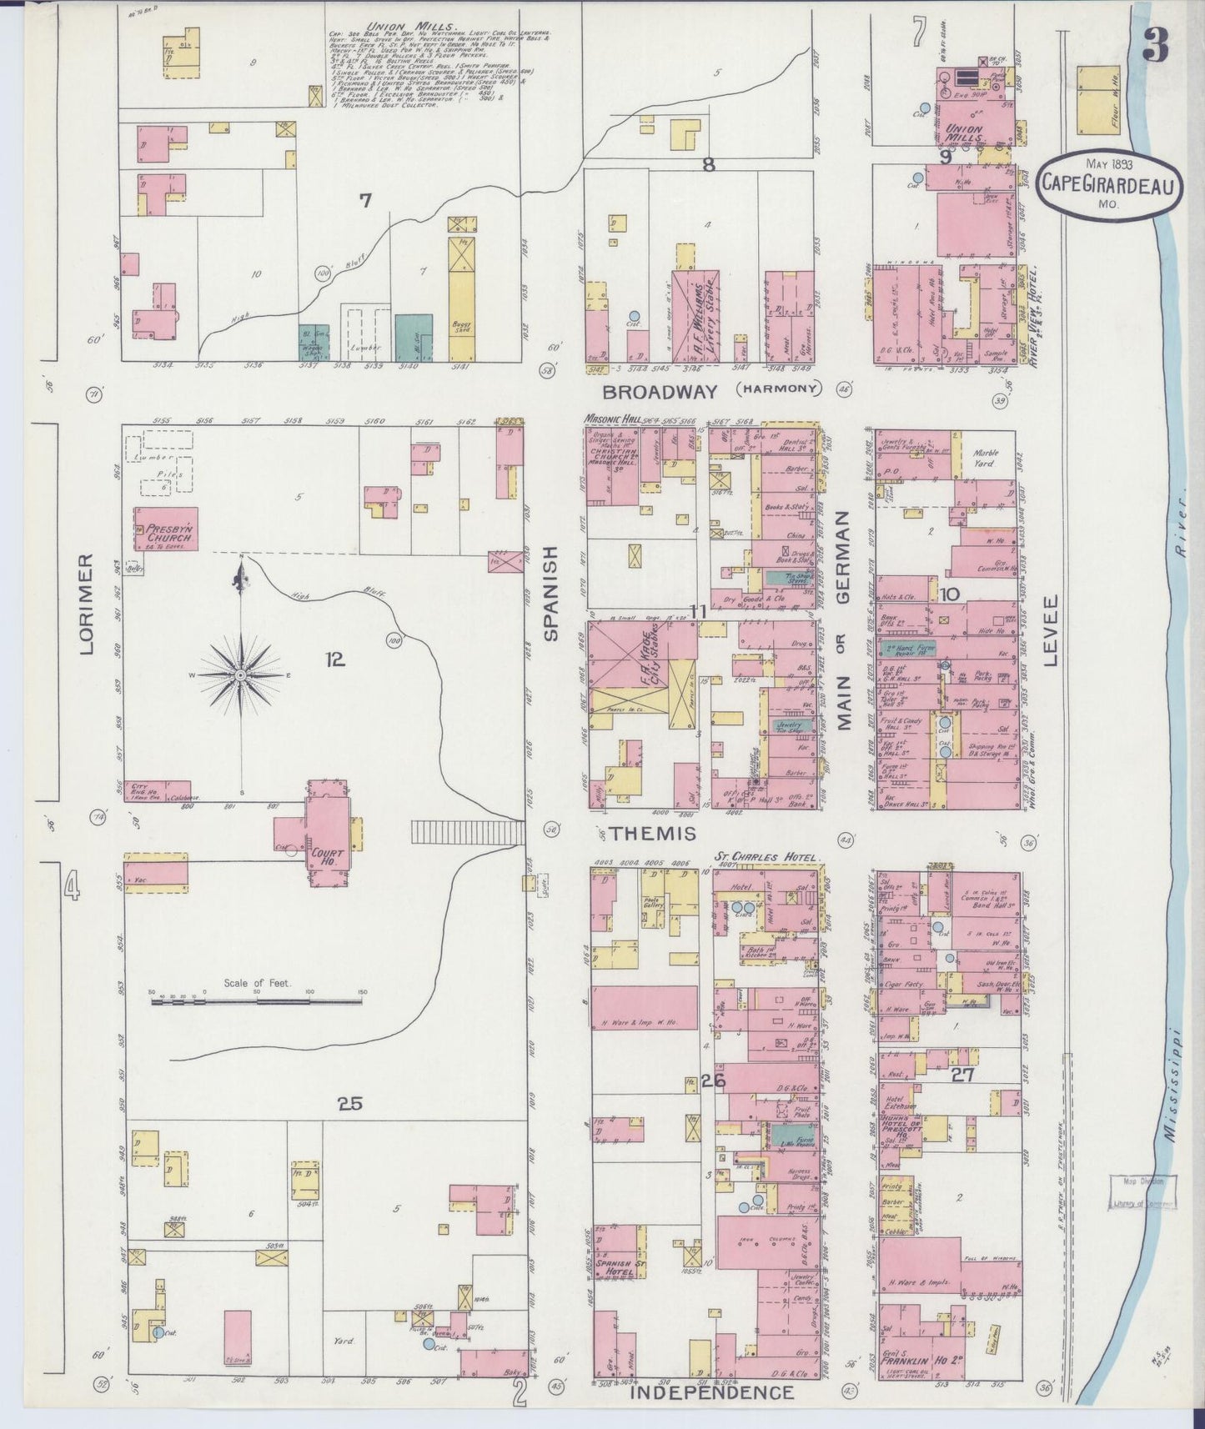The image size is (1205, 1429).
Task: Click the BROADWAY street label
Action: tap(660, 391)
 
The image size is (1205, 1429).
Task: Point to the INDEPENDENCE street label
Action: tap(710, 1392)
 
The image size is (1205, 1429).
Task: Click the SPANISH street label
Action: tap(550, 593)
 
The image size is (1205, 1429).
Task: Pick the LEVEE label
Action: tap(1050, 629)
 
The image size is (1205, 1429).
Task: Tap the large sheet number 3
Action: tap(1155, 45)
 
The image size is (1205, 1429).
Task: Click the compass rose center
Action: tap(241, 674)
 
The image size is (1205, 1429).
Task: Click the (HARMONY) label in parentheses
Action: tap(778, 389)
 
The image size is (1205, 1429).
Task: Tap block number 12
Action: tap(334, 660)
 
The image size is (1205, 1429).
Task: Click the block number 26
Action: tap(713, 1081)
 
